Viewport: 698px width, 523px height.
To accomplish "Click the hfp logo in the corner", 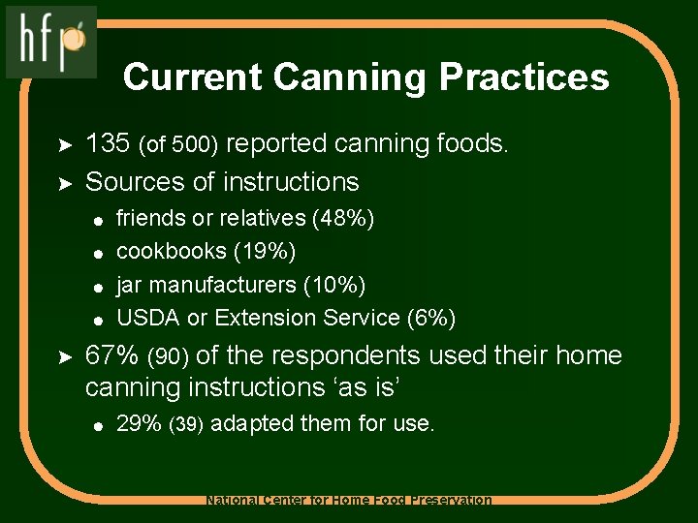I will [x=51, y=41].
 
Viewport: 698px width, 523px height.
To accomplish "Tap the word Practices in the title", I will [x=524, y=77].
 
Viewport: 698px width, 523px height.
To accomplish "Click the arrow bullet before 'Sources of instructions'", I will [x=61, y=182].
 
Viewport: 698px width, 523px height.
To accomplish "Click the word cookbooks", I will [x=171, y=252].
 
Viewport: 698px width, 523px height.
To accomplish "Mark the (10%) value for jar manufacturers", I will [x=334, y=285].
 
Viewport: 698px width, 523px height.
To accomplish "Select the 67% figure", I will [x=111, y=355].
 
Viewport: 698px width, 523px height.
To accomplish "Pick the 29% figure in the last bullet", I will [x=139, y=423].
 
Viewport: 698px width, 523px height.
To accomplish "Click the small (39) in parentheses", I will [x=186, y=425].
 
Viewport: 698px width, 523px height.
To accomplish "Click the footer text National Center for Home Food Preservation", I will [x=349, y=501].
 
